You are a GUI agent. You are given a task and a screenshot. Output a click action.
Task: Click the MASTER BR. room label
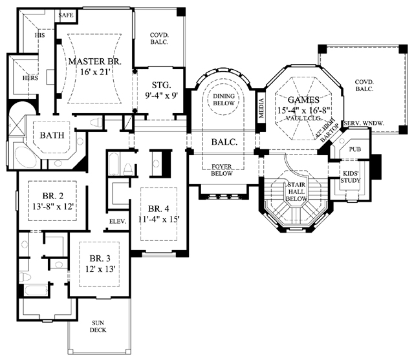[x=95, y=61]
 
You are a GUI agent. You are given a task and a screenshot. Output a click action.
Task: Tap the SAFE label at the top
[x=66, y=15]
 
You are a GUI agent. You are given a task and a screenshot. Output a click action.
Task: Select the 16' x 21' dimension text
[x=95, y=72]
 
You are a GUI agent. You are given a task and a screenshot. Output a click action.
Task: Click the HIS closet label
[x=39, y=35]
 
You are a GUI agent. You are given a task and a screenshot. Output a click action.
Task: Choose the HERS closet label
[x=30, y=78]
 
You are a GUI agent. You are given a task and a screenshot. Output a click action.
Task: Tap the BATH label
[x=52, y=135]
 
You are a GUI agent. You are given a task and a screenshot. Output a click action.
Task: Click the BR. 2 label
[x=53, y=196]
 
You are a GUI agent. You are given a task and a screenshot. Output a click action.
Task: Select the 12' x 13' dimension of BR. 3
[x=100, y=269]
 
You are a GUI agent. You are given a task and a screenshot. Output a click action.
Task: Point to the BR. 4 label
[x=158, y=209]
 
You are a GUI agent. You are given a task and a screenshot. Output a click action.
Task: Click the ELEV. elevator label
[x=118, y=222]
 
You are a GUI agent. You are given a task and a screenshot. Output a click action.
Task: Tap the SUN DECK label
[x=98, y=326]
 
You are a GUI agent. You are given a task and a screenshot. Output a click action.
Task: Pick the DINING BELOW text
[x=224, y=100]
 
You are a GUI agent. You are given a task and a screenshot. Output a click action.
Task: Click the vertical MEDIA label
[x=261, y=108]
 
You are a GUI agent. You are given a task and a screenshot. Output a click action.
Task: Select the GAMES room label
[x=303, y=100]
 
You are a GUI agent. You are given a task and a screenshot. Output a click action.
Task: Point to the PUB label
[x=355, y=149]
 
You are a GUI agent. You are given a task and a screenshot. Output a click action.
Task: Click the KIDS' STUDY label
[x=351, y=177]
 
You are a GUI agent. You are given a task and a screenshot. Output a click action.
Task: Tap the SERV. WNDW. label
[x=364, y=123]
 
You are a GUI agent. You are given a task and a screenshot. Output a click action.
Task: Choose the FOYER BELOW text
[x=222, y=170]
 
